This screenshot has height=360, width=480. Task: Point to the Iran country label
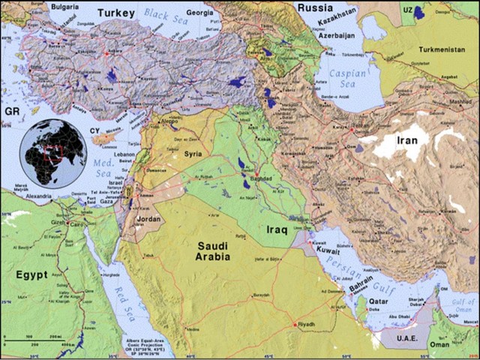click(x=412, y=139)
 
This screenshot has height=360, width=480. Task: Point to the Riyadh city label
click(x=305, y=324)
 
